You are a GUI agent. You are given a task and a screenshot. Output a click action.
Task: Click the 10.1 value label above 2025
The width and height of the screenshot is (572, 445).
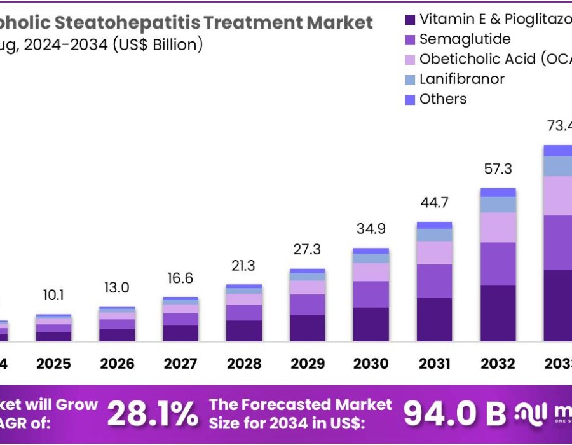pos(53,296)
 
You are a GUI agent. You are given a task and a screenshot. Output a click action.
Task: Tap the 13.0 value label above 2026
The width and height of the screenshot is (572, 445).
pos(117,288)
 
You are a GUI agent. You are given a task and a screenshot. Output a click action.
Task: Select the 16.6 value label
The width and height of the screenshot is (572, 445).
pos(180,278)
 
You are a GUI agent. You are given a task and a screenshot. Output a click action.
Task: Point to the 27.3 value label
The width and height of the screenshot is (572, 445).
pos(308,249)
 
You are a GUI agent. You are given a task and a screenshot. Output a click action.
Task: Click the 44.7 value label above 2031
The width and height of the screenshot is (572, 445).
pos(435,203)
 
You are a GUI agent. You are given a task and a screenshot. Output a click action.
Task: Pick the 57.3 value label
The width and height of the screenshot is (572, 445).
pos(498,169)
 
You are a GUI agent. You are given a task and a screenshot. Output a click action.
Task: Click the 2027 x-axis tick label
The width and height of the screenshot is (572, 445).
pos(180,364)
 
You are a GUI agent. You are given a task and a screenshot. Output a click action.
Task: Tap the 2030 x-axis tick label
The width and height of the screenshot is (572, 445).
pos(371,364)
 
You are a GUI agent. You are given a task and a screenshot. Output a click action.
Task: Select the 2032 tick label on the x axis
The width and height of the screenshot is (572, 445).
pos(498,364)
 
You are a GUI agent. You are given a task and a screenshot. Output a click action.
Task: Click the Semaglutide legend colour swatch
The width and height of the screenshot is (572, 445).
pos(410,39)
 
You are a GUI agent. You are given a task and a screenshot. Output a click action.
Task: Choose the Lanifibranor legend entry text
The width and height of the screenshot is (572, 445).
pos(462,79)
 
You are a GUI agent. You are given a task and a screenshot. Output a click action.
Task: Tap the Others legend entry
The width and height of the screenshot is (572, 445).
pos(443,99)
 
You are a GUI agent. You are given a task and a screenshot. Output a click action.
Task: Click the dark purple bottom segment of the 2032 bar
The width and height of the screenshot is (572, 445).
pos(498,313)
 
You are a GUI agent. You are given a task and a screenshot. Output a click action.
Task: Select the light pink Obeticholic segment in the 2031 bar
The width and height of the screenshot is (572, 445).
pos(435,252)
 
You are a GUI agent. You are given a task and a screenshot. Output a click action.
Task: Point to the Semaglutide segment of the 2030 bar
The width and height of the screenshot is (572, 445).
pos(371,294)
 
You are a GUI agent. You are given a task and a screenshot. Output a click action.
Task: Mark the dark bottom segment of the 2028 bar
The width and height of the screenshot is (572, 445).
pos(244,331)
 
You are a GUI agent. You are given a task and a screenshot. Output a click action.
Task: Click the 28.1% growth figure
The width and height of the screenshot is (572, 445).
pos(153,414)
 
